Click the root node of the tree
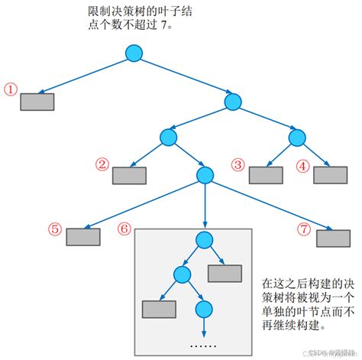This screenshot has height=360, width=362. click(x=134, y=53)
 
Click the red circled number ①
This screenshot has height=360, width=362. click(x=10, y=89)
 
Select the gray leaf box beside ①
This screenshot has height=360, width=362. click(x=37, y=102)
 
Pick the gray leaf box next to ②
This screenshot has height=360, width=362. click(x=128, y=175)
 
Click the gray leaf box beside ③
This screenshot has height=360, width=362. click(x=265, y=174)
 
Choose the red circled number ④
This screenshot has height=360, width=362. click(x=303, y=164)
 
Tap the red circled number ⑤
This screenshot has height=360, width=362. click(x=54, y=228)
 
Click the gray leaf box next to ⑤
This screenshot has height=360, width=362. click(x=82, y=236)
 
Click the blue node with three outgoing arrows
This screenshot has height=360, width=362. click(x=204, y=176)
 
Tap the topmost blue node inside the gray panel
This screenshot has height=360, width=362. click(x=203, y=240)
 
